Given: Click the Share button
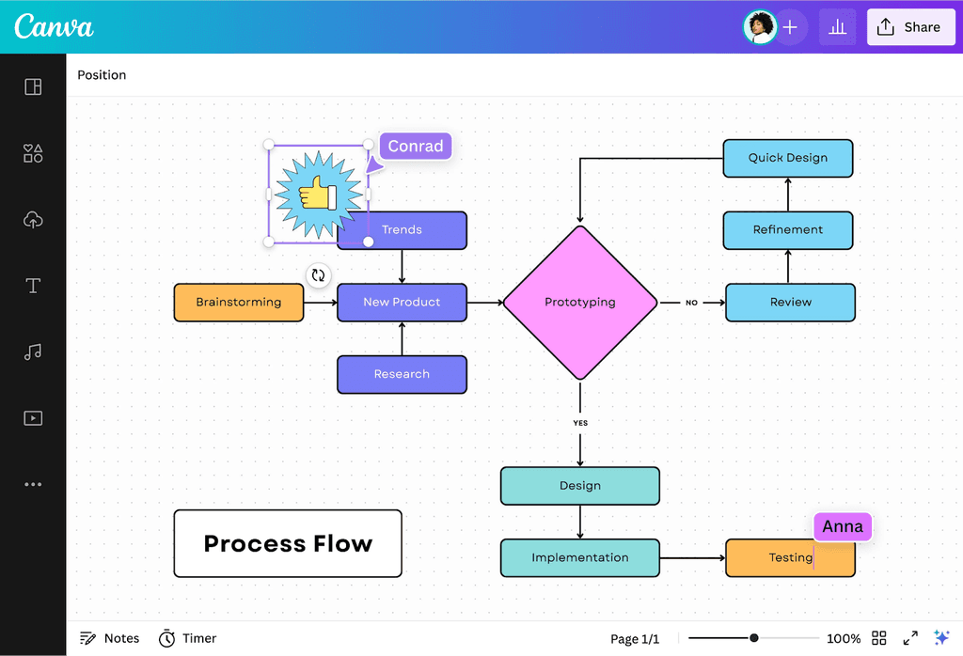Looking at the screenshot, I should tap(908, 27).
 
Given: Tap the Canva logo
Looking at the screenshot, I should tap(55, 26).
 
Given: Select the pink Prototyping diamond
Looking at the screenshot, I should tap(579, 303).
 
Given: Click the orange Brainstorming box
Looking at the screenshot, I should tap(239, 303).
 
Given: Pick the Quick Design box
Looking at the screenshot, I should tap(787, 158).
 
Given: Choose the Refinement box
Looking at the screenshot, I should tap(787, 230).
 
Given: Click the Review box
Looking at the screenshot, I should tap(790, 303).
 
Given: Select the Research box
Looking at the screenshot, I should tap(402, 374).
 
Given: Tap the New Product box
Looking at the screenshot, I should tap(402, 303).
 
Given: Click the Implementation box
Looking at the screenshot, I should tap(579, 557).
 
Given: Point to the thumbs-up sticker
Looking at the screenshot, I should tap(318, 195).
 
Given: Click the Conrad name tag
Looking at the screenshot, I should tap(416, 147).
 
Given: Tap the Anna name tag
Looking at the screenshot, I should tap(843, 527).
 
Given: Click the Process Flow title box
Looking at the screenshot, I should tap(288, 543).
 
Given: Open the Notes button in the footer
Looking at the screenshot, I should tap(110, 638).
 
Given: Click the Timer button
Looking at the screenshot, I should tap(187, 638).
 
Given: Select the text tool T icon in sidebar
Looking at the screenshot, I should tap(33, 286).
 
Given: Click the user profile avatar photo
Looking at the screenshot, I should tap(759, 27).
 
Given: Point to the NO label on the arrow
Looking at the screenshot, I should tap(691, 303).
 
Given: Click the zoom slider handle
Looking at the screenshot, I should tap(753, 638).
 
